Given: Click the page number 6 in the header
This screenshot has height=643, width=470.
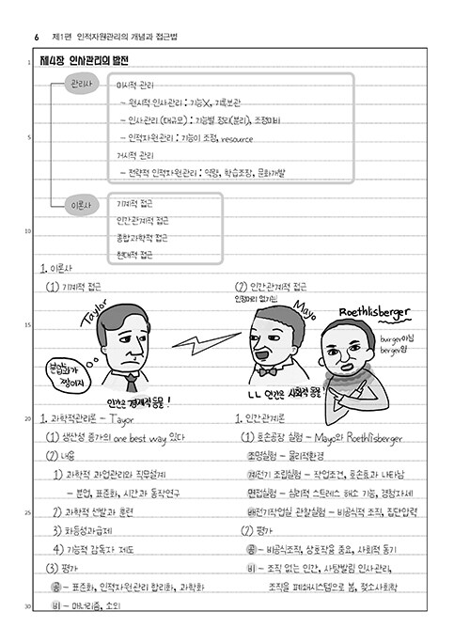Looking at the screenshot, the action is pyautogui.click(x=36, y=37).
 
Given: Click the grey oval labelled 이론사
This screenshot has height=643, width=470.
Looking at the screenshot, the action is pyautogui.click(x=79, y=203).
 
